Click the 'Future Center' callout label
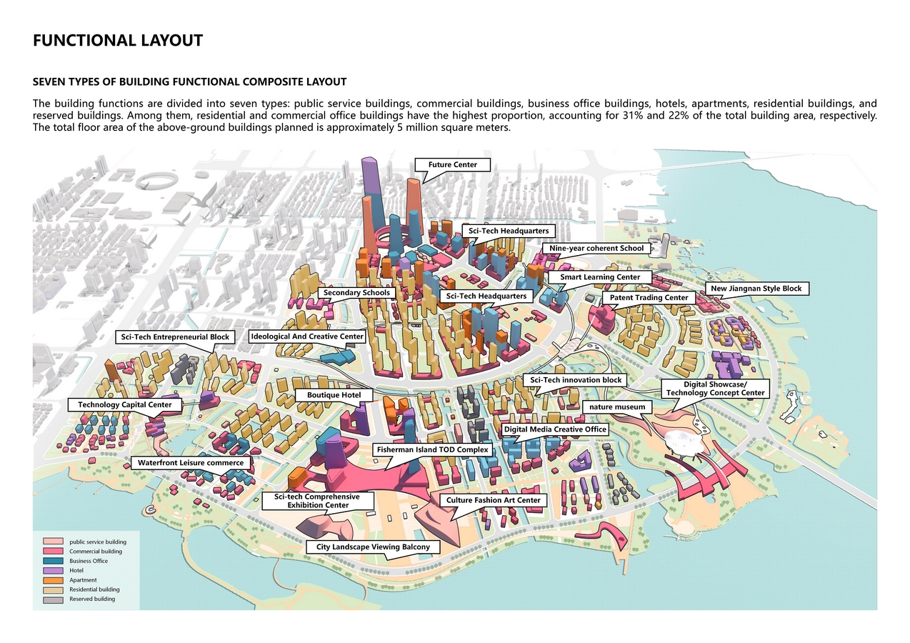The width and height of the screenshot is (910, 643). (452, 165)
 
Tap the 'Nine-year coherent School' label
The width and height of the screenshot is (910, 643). (596, 249)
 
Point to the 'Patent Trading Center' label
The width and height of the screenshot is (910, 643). (649, 297)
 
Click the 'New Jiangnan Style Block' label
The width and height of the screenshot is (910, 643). (756, 289)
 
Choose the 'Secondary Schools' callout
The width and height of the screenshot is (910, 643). (356, 293)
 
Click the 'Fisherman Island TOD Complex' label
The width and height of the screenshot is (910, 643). (432, 450)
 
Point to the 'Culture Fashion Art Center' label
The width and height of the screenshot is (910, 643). (493, 500)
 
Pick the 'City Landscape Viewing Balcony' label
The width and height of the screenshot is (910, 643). (373, 547)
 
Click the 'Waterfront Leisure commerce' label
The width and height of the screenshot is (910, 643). (191, 463)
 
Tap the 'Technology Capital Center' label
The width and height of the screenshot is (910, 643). (125, 405)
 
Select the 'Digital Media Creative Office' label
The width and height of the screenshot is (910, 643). (554, 429)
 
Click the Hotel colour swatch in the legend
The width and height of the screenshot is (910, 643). (54, 571)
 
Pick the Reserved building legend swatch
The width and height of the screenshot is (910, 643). (54, 599)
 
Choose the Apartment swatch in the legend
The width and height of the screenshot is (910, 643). (54, 580)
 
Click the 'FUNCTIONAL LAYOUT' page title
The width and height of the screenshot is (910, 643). (118, 41)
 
